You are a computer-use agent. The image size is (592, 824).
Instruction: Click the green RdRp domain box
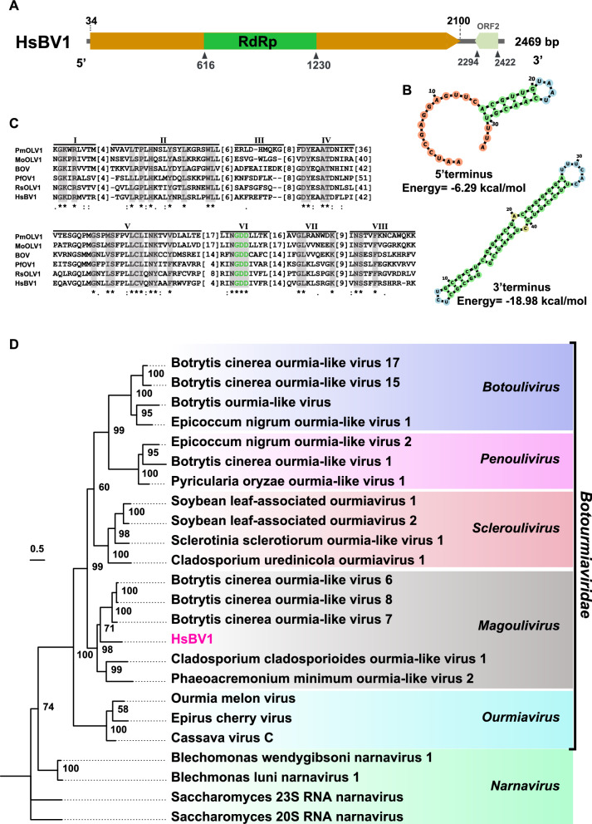point(260,41)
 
